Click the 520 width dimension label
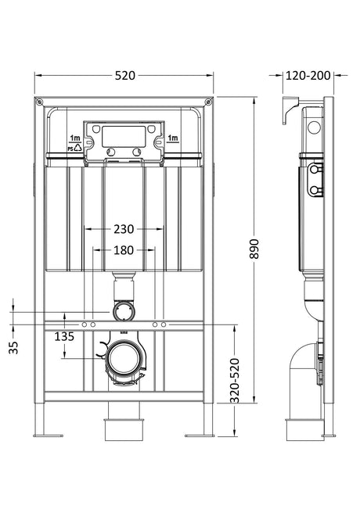[x=125, y=76]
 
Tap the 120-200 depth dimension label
[x=308, y=76]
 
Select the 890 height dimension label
[x=254, y=249]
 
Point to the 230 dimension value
[x=124, y=229]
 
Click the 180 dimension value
[x=124, y=250]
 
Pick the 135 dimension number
[x=64, y=337]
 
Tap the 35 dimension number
[x=13, y=348]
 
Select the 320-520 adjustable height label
[x=235, y=381]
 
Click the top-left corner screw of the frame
[x=39, y=102]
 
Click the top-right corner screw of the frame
[x=208, y=102]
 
